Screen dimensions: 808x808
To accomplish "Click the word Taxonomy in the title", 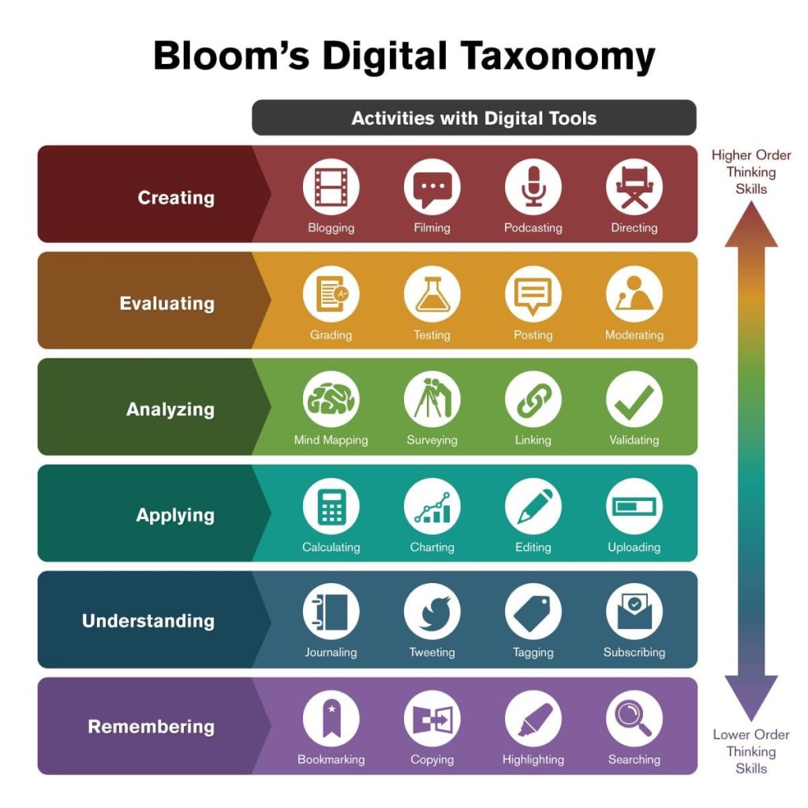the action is pyautogui.click(x=558, y=57).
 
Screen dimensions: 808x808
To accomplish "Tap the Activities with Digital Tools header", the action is pyautogui.click(x=474, y=118).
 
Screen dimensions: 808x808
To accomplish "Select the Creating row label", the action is pyautogui.click(x=176, y=198).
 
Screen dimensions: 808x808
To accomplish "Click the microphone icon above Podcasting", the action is pyautogui.click(x=533, y=186).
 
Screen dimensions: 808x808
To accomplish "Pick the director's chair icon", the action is pyautogui.click(x=634, y=186).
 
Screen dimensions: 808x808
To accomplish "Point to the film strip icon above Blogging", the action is pyautogui.click(x=331, y=186).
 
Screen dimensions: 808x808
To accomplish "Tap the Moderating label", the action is pyautogui.click(x=634, y=335).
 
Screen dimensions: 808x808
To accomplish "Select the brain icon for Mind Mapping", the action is pyautogui.click(x=331, y=399).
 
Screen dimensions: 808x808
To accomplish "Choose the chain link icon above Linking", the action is pyautogui.click(x=533, y=399).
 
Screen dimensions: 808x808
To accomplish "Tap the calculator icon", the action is pyautogui.click(x=331, y=507).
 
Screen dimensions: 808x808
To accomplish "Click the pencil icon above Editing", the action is pyautogui.click(x=533, y=507).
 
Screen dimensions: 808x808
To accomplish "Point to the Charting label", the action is pyautogui.click(x=432, y=548).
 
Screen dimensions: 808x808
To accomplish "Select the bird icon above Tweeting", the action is pyautogui.click(x=432, y=612).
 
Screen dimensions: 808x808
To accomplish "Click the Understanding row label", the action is pyautogui.click(x=148, y=621).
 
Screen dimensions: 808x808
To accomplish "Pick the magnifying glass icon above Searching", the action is pyautogui.click(x=634, y=718).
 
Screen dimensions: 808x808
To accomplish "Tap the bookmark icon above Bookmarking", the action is pyautogui.click(x=331, y=718).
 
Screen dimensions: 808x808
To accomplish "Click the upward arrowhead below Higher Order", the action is pyautogui.click(x=751, y=225).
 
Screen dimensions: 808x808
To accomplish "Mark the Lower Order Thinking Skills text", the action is pyautogui.click(x=751, y=751).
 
